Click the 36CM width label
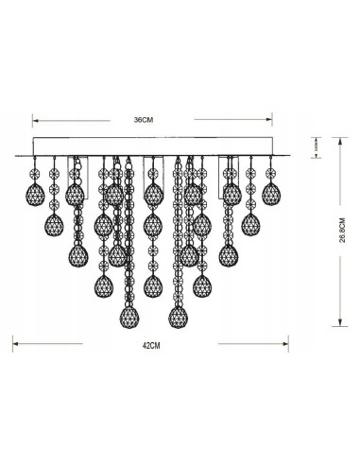click(142, 119)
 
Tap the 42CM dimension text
click(148, 346)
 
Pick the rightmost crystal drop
click(272, 194)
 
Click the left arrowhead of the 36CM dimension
click(35, 120)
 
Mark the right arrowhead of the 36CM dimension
click(268, 120)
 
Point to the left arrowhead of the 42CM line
click(12, 345)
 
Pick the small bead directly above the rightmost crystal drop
click(272, 173)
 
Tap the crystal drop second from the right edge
click(250, 224)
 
